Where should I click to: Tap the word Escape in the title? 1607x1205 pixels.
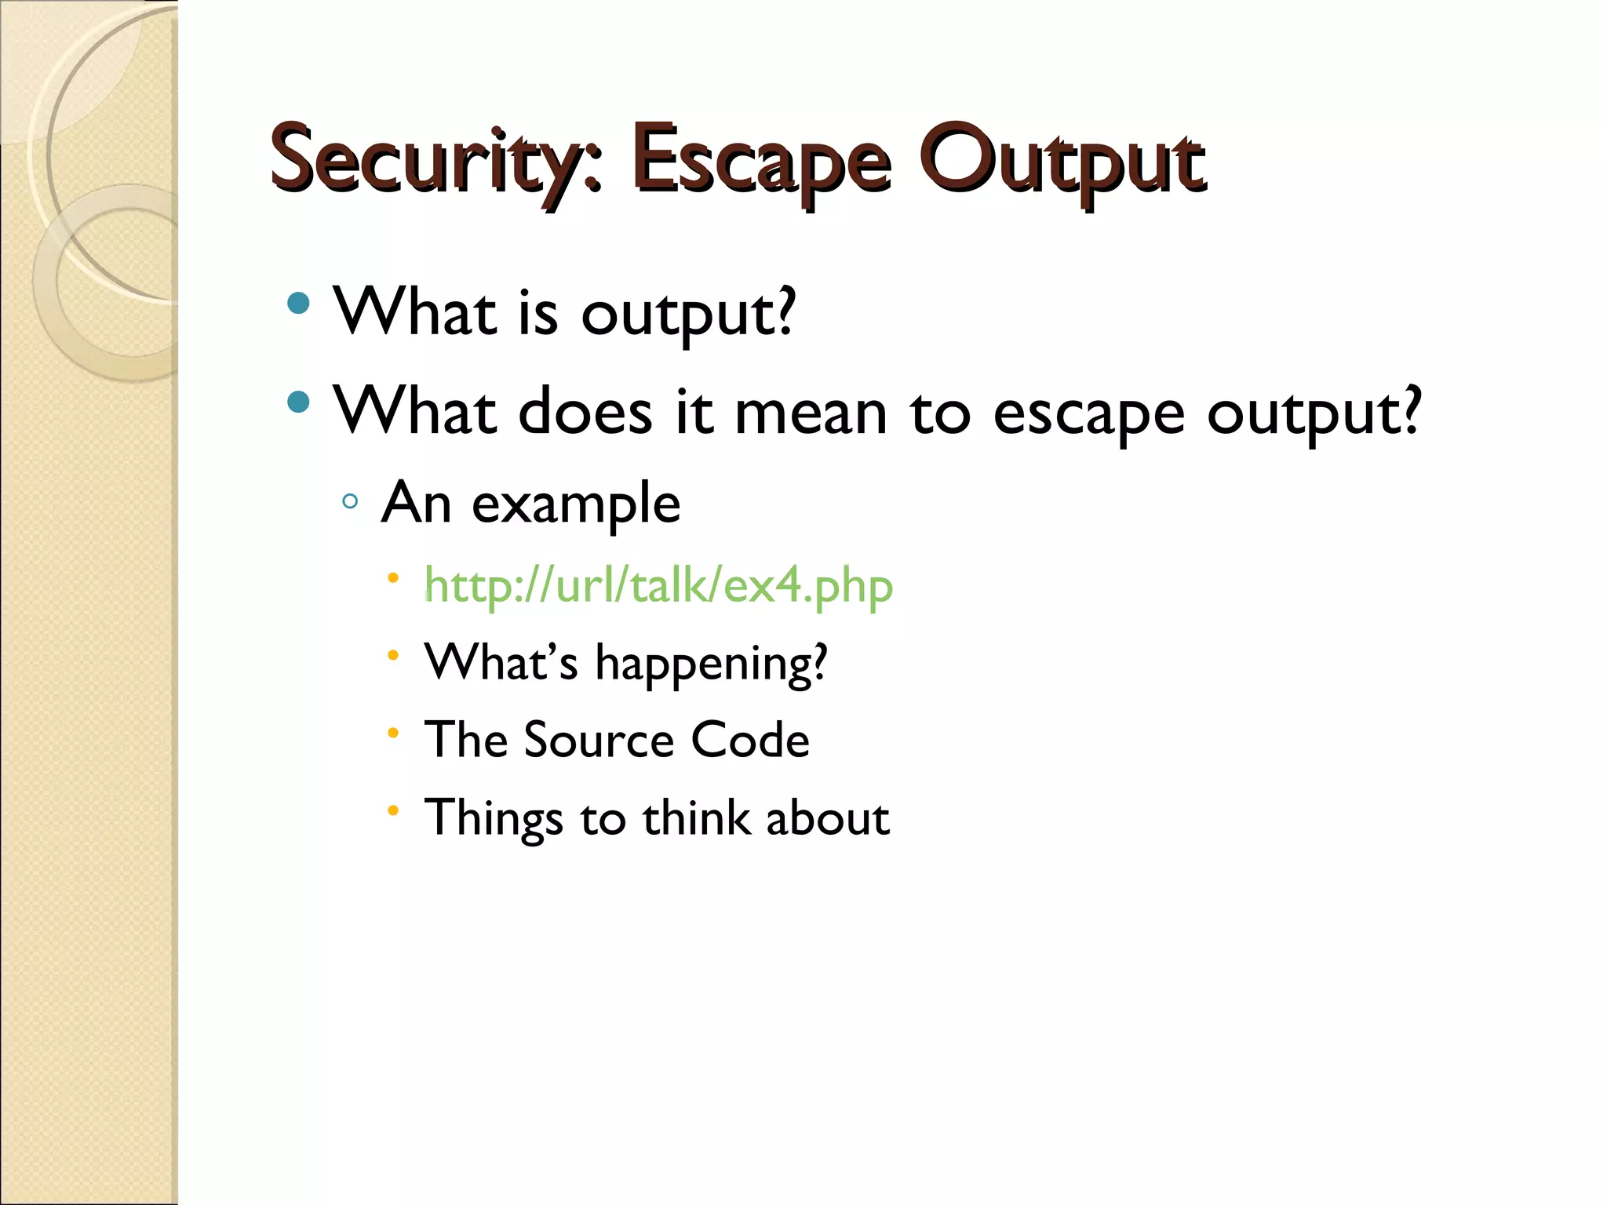pos(761,160)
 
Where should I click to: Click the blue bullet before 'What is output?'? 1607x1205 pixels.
pos(298,303)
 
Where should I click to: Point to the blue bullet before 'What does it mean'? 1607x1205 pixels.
pos(298,402)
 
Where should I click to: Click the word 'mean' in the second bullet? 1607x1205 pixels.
pos(810,414)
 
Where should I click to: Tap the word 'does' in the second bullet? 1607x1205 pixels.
pos(585,413)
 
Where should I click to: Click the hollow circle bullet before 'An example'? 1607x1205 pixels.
pos(350,501)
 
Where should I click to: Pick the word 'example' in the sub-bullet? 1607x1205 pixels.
pos(575,505)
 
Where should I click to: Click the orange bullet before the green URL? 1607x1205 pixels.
pos(393,579)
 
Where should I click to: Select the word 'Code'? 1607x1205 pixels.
pos(749,740)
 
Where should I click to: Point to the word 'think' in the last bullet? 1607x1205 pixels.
pos(696,818)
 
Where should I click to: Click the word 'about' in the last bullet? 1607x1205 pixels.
pos(827,818)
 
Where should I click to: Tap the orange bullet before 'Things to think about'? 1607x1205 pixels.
pos(393,810)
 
